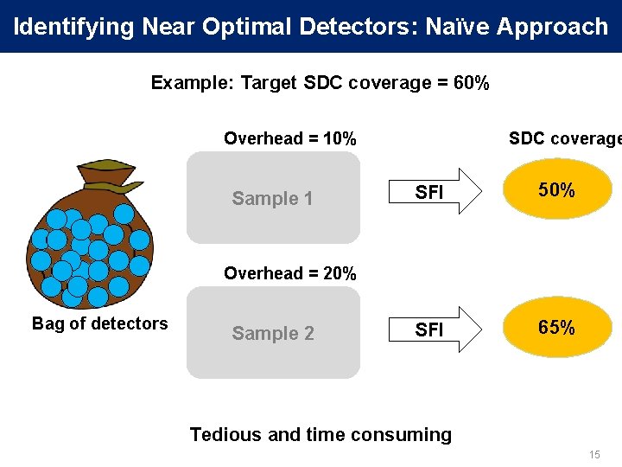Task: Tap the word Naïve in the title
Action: (x=456, y=26)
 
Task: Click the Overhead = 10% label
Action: (x=289, y=138)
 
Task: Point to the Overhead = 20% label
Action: (x=289, y=273)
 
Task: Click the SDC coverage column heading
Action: (x=564, y=138)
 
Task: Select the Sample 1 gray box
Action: (x=273, y=198)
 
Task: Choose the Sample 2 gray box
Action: (x=273, y=333)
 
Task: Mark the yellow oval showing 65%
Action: (x=557, y=328)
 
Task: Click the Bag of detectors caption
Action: (x=99, y=323)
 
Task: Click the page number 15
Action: (x=593, y=455)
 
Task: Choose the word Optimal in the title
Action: (x=250, y=26)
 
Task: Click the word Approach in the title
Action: (x=552, y=26)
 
